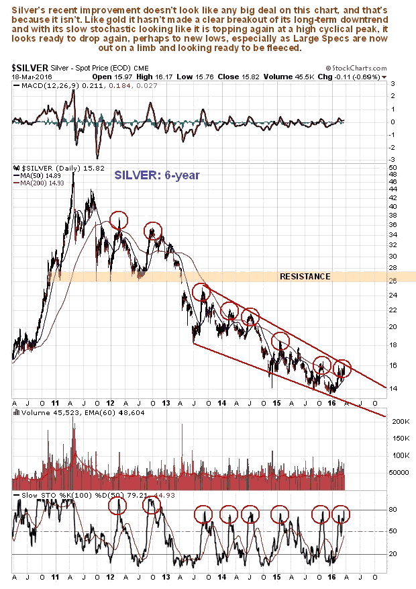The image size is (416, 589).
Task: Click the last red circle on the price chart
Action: coord(343,368)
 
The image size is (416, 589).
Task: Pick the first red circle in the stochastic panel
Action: coord(117,506)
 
